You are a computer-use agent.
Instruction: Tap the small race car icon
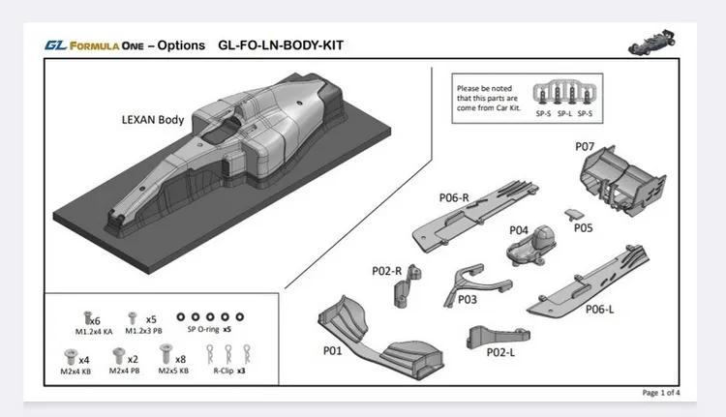pyautogui.click(x=651, y=43)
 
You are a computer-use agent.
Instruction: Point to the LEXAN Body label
pyautogui.click(x=153, y=120)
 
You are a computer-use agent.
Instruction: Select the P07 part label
pyautogui.click(x=584, y=147)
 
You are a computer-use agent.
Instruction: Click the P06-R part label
pyautogui.click(x=453, y=197)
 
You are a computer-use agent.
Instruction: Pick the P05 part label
pyautogui.click(x=583, y=228)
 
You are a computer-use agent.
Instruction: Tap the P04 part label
pyautogui.click(x=519, y=231)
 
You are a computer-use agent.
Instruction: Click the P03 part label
pyautogui.click(x=468, y=300)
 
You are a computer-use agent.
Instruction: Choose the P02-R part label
pyautogui.click(x=386, y=271)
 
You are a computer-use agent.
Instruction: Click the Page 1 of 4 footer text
pyautogui.click(x=661, y=393)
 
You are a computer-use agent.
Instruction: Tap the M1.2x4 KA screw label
pyautogui.click(x=93, y=331)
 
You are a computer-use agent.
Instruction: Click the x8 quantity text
pyautogui.click(x=180, y=358)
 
